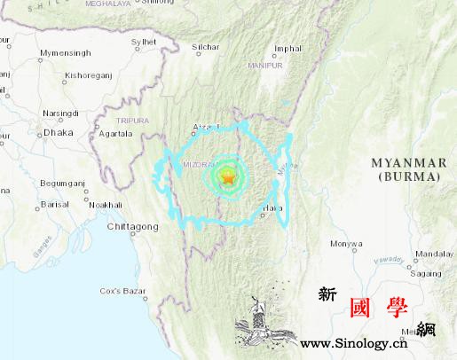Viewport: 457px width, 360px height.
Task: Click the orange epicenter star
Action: [x=227, y=177]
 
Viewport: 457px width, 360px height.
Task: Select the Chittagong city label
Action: [x=132, y=227]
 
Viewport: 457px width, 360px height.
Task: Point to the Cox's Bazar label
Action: [x=122, y=291]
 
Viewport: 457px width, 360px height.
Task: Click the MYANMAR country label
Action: [x=408, y=162]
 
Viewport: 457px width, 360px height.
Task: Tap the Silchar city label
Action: [x=205, y=45]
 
